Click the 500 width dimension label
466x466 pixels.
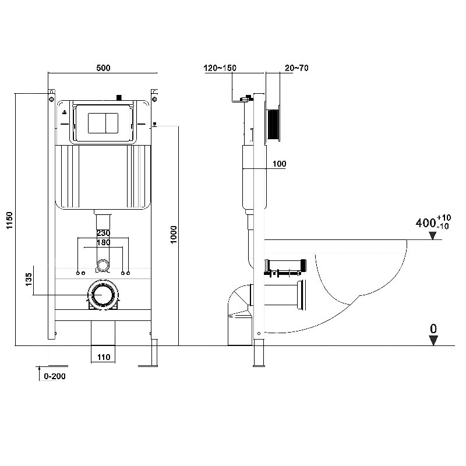click(103, 68)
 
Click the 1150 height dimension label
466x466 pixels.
click(10, 220)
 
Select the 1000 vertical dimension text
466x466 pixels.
click(174, 235)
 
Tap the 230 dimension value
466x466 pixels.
click(104, 233)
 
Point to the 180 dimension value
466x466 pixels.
click(104, 242)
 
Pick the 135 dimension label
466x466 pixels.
click(29, 280)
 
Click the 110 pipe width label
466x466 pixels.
click(104, 357)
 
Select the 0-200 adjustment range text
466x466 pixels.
click(55, 376)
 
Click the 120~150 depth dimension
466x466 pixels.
click(220, 68)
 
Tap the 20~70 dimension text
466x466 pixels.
click(296, 68)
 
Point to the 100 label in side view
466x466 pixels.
click(280, 164)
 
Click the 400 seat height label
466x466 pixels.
click(426, 223)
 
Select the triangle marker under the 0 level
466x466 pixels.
click(433, 341)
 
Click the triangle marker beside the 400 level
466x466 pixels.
click(433, 236)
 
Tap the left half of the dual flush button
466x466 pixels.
click(97, 123)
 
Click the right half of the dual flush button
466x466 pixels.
click(112, 123)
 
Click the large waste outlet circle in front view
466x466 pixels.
click(103, 295)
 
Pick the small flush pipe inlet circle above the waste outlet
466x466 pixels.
click(103, 265)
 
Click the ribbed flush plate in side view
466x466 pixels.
click(273, 124)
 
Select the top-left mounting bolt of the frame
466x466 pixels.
click(51, 98)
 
